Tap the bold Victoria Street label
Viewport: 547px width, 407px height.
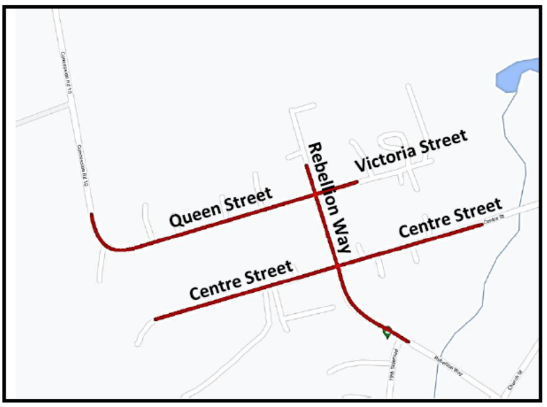click(x=411, y=150)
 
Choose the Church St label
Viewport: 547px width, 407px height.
click(x=515, y=382)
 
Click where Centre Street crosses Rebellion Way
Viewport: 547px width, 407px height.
click(x=338, y=267)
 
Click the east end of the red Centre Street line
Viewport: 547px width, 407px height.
click(x=481, y=225)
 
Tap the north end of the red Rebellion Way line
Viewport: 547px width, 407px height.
click(x=306, y=166)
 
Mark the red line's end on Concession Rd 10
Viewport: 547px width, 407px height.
click(x=91, y=215)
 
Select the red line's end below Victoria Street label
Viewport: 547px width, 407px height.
click(x=357, y=182)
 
